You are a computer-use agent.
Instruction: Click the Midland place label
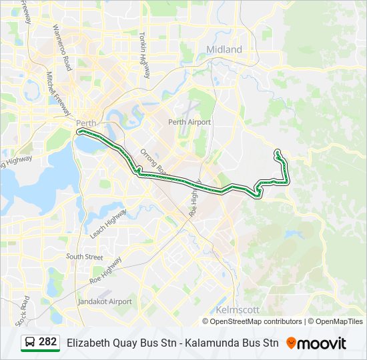tap(224, 50)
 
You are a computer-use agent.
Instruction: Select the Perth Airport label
tap(190, 122)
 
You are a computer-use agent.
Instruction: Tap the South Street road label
tap(85, 257)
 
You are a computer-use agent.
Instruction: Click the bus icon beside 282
tap(30, 343)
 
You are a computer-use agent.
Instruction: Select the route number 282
tap(48, 342)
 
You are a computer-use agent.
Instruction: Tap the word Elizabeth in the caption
tap(89, 343)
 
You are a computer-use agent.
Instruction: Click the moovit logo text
tap(322, 343)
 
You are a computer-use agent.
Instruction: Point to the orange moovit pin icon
tap(291, 343)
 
